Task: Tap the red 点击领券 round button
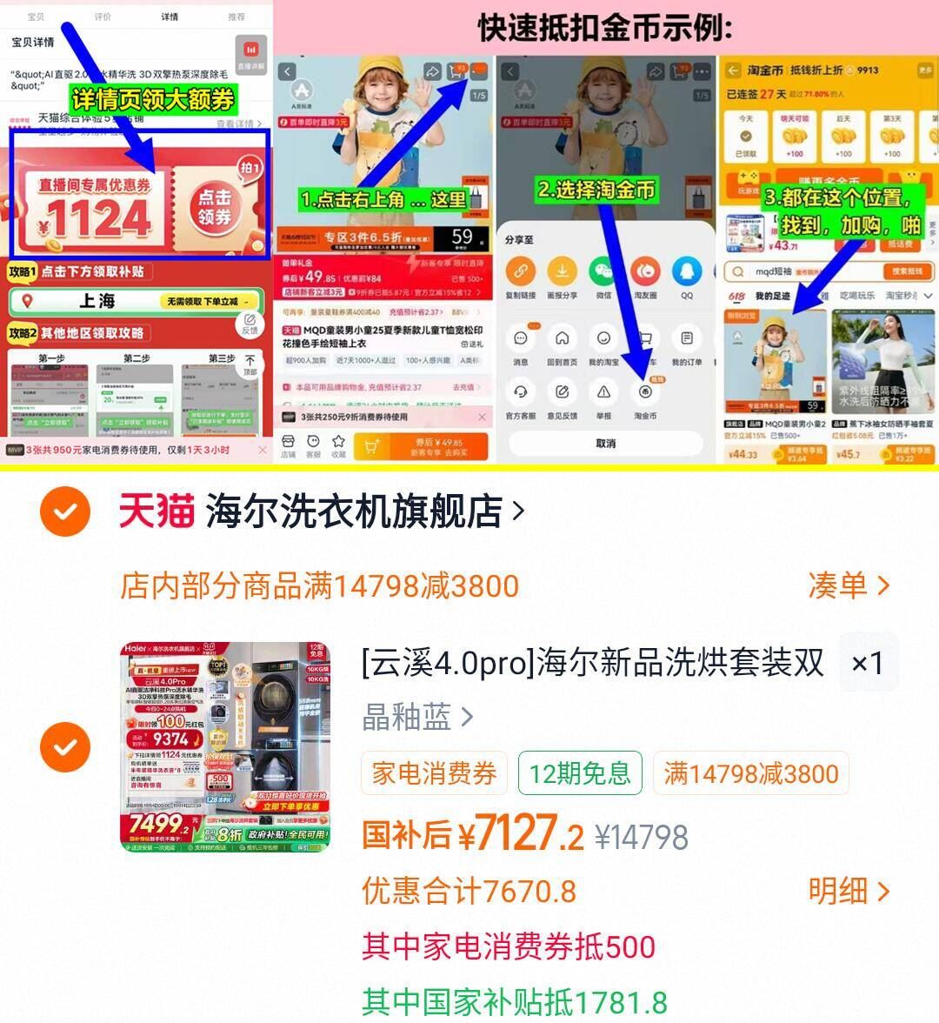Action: point(214,207)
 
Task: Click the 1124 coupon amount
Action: point(98,218)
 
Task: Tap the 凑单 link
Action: point(849,585)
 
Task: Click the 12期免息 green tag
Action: point(579,772)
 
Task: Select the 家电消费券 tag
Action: point(434,772)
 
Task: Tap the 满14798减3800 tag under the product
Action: point(750,772)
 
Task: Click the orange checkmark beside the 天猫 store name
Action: point(65,512)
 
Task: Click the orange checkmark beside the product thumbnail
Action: point(65,746)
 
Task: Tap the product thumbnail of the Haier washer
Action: point(225,746)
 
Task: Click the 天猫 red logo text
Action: point(156,512)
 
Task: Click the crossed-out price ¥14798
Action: point(642,837)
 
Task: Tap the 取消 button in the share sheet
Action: point(605,443)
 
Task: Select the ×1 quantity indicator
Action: point(867,663)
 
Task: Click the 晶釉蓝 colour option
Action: point(407,717)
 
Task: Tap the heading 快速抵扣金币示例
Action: point(604,29)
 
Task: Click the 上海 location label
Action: point(97,301)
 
